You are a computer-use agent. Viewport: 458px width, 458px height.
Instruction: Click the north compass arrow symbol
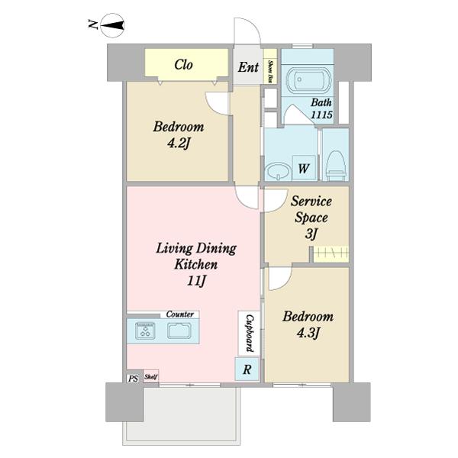[112, 25]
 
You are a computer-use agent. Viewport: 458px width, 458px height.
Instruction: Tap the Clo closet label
[184, 65]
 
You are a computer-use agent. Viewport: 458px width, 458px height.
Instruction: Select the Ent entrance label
[248, 67]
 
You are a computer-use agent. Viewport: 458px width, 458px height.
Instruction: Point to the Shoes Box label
[270, 71]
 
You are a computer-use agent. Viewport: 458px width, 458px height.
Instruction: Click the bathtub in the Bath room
[308, 79]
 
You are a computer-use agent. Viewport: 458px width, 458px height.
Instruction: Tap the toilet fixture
[336, 166]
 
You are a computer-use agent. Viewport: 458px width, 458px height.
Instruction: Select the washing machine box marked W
[304, 168]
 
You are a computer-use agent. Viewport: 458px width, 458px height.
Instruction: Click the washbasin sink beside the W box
[278, 172]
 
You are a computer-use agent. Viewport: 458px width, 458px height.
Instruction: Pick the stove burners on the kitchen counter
[145, 331]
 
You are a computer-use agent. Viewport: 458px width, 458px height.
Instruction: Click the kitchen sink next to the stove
[179, 331]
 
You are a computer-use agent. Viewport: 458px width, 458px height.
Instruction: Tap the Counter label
[180, 314]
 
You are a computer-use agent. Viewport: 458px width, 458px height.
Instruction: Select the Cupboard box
[249, 334]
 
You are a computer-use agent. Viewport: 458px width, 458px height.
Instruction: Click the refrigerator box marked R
[247, 369]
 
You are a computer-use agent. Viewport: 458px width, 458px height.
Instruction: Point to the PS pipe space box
[133, 379]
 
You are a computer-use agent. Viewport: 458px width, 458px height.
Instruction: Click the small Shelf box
[151, 377]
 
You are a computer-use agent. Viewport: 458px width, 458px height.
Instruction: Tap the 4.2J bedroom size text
[179, 144]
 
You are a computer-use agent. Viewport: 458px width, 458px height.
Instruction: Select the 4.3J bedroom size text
[308, 334]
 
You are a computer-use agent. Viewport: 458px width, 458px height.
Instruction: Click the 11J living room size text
[196, 281]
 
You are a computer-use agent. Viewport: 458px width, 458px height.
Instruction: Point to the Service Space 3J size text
[311, 234]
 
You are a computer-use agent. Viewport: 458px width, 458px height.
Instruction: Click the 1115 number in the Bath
[321, 114]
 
